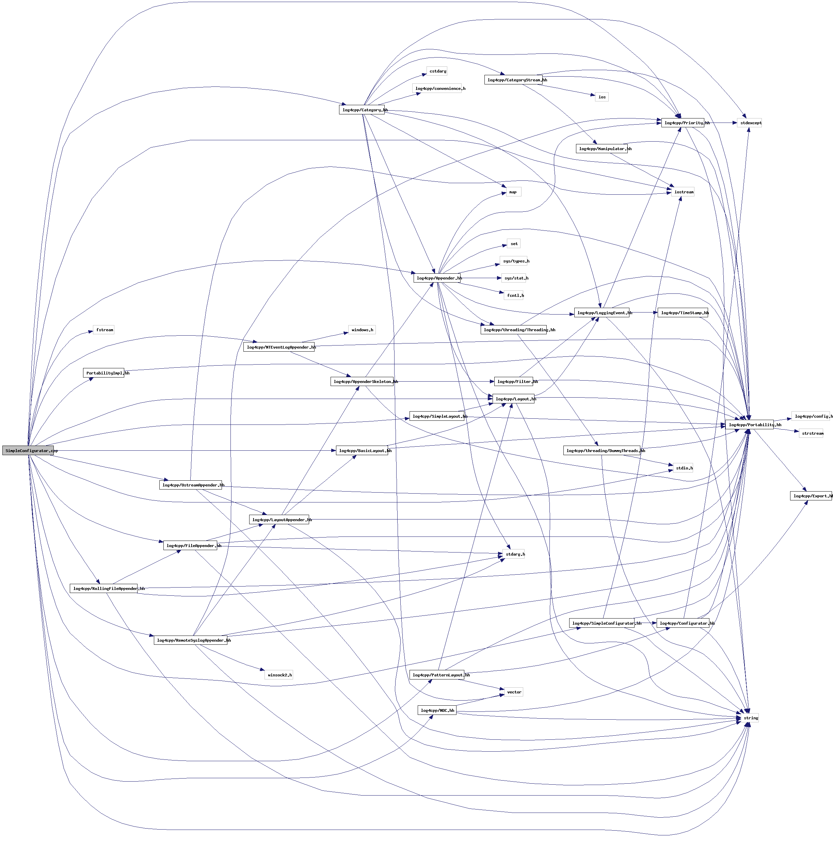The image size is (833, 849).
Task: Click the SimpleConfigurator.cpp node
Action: (28, 450)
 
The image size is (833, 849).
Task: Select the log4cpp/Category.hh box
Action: (362, 110)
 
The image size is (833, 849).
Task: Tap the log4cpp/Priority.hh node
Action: (683, 123)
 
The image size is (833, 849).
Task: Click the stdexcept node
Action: (750, 123)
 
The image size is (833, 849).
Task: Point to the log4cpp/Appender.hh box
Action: (437, 278)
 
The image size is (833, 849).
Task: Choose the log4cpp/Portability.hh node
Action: (750, 425)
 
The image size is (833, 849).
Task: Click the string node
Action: (751, 718)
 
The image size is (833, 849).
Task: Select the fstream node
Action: (104, 330)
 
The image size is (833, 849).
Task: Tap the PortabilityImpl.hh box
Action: (104, 373)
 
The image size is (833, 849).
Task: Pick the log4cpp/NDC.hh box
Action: (437, 710)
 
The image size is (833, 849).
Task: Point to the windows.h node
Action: (362, 330)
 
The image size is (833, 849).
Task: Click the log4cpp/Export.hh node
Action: (811, 496)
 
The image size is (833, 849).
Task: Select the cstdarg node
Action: (437, 71)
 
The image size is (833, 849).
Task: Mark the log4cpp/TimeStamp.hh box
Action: (683, 313)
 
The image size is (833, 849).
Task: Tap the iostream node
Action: (683, 192)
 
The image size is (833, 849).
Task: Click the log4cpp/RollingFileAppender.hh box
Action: (104, 589)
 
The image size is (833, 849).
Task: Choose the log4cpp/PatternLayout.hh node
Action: (437, 675)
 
